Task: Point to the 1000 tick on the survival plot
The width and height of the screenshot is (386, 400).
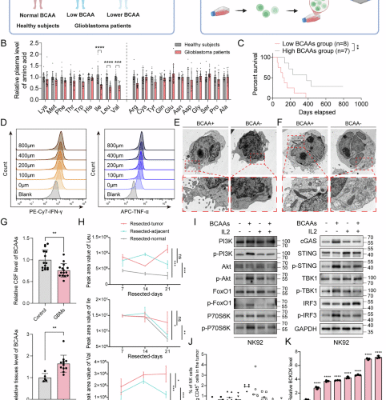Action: pyautogui.click(x=370, y=105)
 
